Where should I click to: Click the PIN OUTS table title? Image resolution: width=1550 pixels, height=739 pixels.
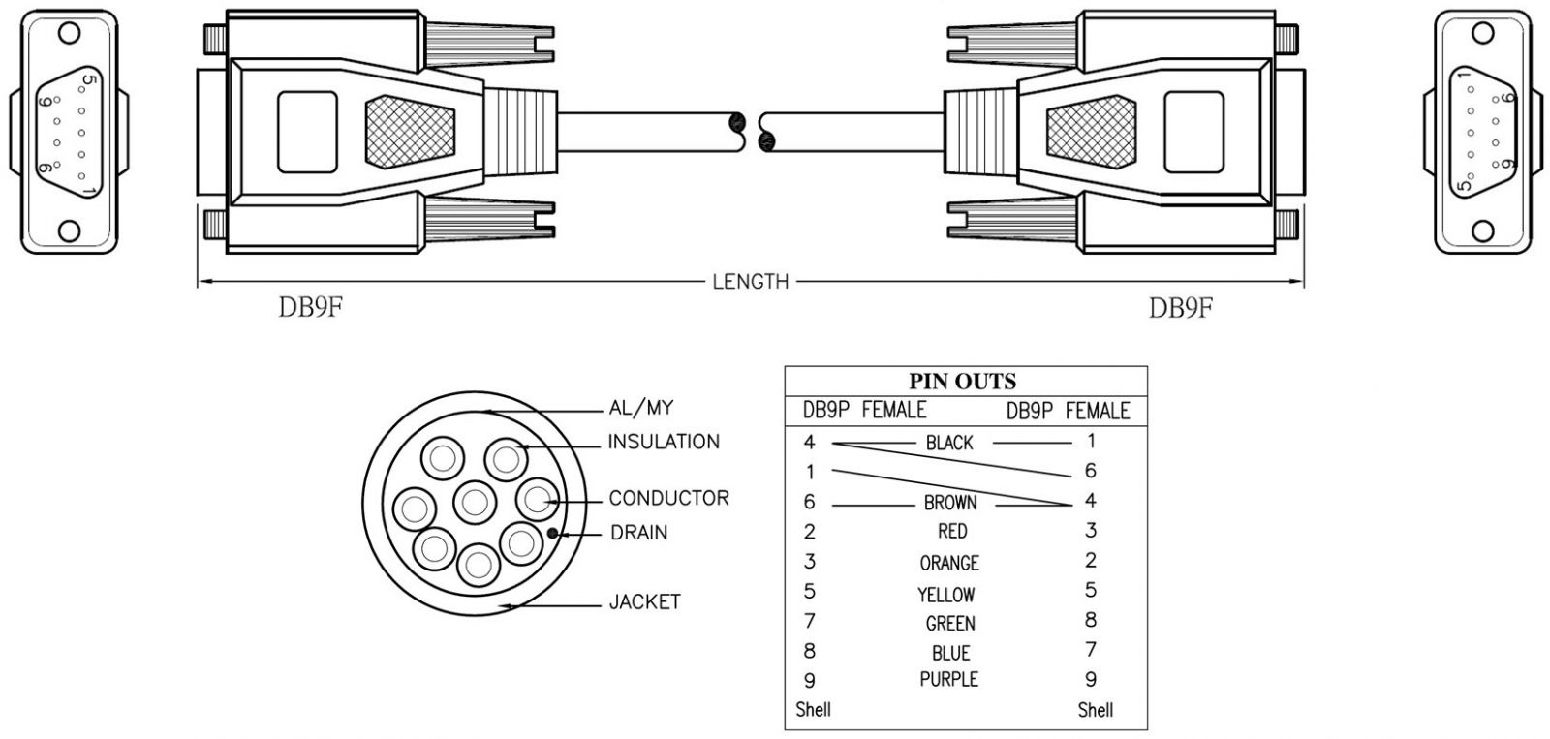962,382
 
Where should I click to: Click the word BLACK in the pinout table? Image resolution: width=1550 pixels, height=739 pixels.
949,443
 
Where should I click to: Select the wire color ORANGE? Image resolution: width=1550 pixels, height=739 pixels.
949,563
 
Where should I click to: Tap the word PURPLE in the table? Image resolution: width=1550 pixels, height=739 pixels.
949,679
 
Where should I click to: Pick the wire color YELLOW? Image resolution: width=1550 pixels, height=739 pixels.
946,595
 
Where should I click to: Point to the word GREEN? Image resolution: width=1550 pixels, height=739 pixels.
950,624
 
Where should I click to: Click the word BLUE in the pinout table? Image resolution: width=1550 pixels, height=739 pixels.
950,653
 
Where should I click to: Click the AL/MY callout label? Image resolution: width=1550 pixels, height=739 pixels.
640,408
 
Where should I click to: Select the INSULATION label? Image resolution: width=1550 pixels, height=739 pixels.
664,442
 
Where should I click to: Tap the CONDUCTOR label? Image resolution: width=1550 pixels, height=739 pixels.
668,498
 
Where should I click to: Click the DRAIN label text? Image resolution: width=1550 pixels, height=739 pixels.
638,533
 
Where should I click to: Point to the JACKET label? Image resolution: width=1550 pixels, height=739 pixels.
644,601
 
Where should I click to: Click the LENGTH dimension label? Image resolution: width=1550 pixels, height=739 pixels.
751,282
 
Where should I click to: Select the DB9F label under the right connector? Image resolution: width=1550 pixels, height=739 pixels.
1181,309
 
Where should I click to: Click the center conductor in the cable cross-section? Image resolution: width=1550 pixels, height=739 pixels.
474,502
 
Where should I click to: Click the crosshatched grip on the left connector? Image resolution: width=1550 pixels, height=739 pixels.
410,130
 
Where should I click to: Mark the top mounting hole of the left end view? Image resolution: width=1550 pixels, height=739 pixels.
69,32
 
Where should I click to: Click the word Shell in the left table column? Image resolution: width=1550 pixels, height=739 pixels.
813,709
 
